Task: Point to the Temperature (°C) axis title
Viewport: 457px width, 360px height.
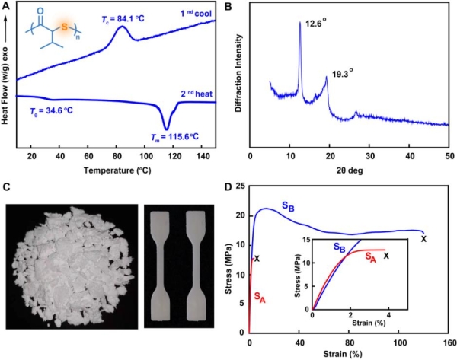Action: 120,169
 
